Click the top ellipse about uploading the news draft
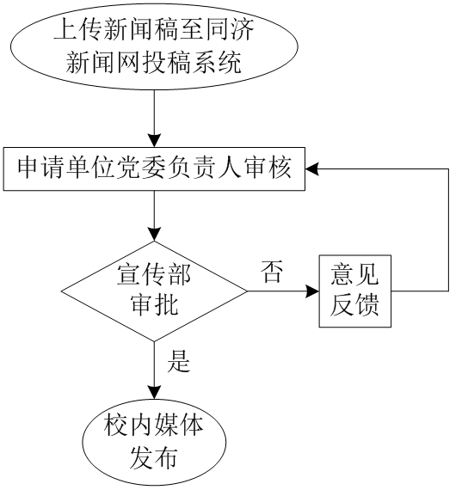154,46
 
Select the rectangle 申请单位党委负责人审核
154,168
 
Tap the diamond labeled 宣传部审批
154,291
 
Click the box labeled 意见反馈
355,291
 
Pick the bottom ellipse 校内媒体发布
154,442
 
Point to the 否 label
272,272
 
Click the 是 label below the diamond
179,361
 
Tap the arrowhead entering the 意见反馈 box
312,291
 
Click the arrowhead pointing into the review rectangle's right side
312,169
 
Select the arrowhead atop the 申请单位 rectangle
154,141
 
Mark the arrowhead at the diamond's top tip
154,235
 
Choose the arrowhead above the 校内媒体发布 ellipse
154,393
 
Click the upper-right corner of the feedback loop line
448,169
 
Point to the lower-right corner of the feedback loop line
448,291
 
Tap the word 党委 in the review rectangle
129,168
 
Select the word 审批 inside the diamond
154,304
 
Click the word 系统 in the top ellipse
217,62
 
